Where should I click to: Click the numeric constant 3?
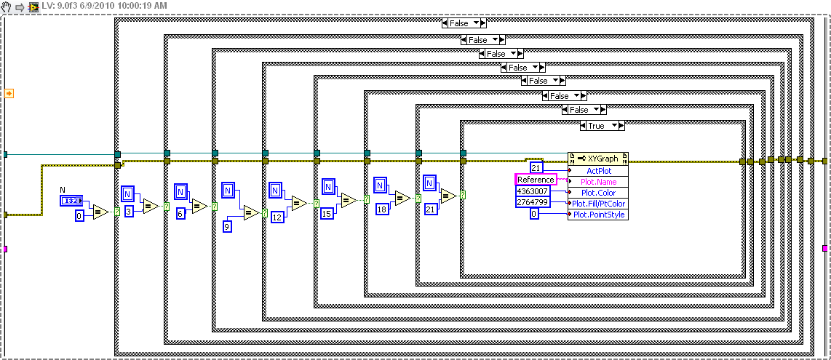coord(128,211)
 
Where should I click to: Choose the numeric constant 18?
coord(381,209)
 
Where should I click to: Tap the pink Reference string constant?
coord(536,180)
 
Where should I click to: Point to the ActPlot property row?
coord(599,170)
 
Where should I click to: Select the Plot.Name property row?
coord(597,182)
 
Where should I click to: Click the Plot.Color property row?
coord(597,193)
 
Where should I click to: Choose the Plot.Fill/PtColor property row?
coord(597,204)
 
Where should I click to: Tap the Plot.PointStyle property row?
coord(597,215)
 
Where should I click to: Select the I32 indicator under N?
coord(71,200)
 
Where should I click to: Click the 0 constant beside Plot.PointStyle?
coord(533,215)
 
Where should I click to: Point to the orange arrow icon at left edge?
coord(9,93)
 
